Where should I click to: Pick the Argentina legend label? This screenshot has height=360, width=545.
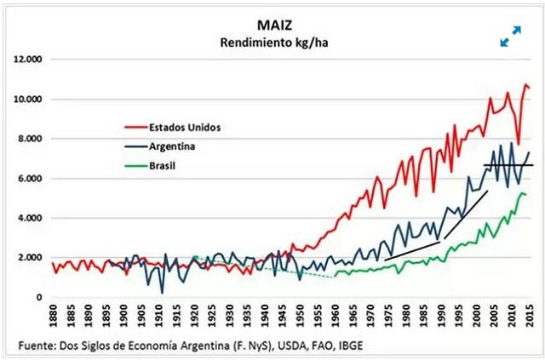174,146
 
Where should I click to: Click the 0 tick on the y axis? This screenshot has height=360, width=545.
38,297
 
